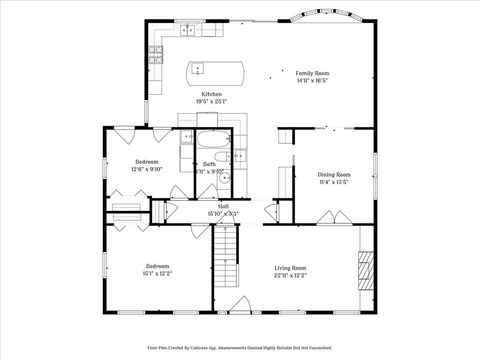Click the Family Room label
[x=312, y=73]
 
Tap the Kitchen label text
[x=211, y=94]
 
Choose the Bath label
[x=209, y=164]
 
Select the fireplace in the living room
[x=366, y=270]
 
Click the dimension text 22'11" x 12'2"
[x=291, y=275]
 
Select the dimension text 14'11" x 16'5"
[x=312, y=81]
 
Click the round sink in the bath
[x=226, y=178]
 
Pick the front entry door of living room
[x=238, y=304]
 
